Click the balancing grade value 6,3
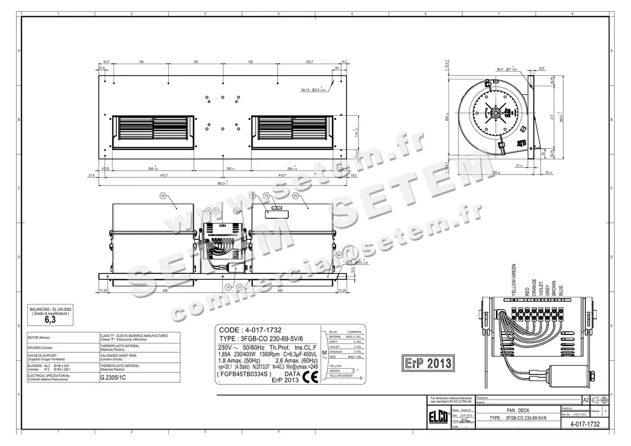[50, 319]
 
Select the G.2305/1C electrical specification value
[111, 377]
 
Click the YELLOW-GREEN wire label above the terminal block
[514, 282]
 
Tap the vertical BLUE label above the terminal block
[561, 290]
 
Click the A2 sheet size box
[586, 400]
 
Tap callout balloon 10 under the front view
[228, 288]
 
